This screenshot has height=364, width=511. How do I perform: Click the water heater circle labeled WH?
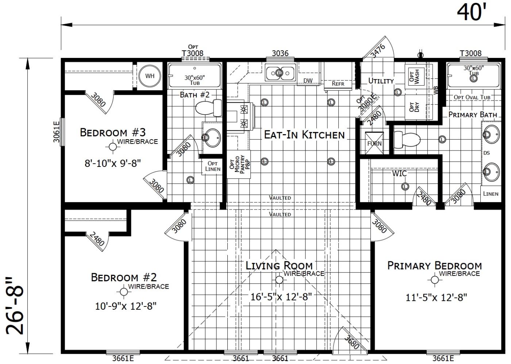150,76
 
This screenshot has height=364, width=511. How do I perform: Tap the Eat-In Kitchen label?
304,135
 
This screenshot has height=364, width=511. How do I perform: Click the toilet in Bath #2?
208,108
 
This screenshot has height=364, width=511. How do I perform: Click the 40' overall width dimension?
472,13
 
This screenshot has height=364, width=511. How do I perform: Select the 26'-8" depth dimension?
15,305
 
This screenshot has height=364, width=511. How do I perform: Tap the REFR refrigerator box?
338,83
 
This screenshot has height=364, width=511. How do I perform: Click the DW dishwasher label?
308,81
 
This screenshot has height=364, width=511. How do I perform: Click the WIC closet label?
399,174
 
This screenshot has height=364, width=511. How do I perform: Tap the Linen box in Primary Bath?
490,193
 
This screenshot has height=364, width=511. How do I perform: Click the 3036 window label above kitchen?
280,54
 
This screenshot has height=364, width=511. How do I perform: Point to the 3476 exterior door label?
377,51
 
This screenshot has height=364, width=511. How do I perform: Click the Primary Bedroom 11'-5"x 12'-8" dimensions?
436,298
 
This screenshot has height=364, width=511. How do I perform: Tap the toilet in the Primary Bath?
407,139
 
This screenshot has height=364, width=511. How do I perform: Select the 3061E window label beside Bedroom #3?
57,132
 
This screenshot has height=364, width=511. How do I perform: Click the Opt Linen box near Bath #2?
212,166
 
